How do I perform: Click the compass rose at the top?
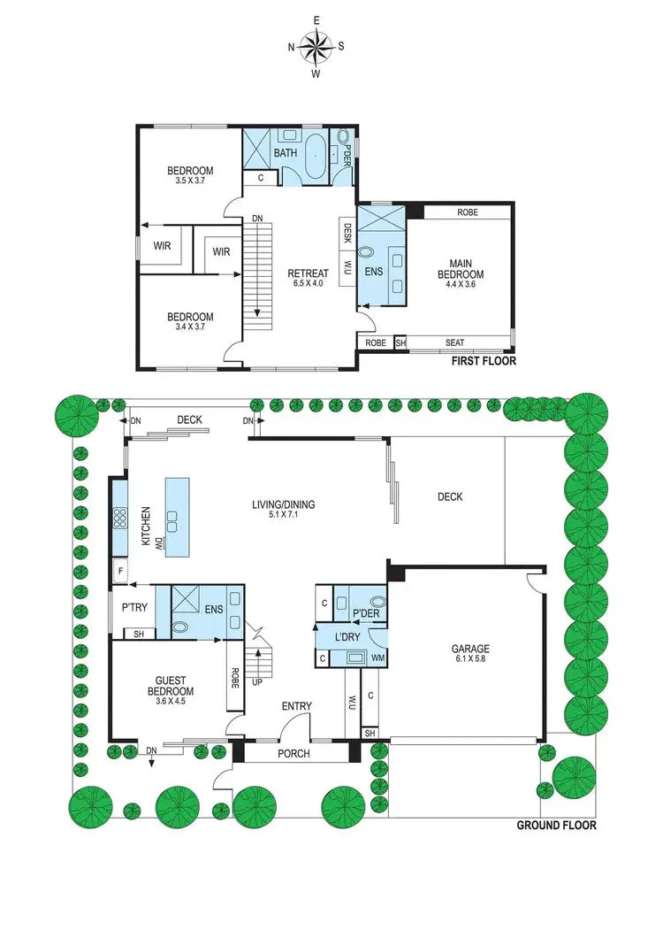[x=315, y=46]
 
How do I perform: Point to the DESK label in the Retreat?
[x=347, y=234]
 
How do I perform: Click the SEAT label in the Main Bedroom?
[x=455, y=343]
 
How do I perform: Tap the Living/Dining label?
[x=283, y=505]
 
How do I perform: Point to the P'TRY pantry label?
[x=133, y=608]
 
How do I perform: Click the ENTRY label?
[x=296, y=706]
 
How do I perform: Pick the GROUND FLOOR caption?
[x=556, y=826]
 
